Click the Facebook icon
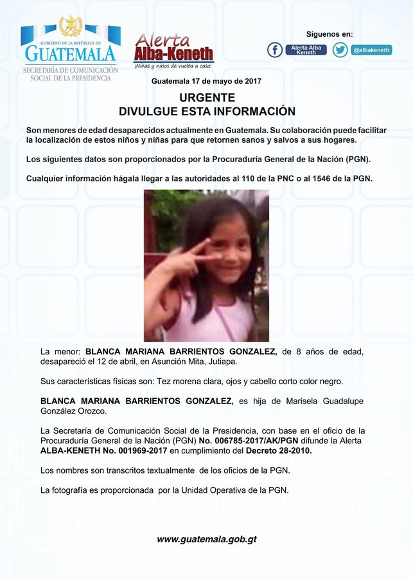click(x=274, y=50)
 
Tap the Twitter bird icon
click(x=340, y=50)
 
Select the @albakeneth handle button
click(x=372, y=50)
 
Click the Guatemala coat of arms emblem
click(x=70, y=26)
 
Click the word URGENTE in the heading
click(x=207, y=98)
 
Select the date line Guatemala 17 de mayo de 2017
click(x=206, y=82)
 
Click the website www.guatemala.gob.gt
click(x=206, y=539)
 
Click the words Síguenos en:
click(x=329, y=34)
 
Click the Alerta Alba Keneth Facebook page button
click(x=306, y=50)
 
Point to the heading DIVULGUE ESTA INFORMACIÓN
click(x=207, y=111)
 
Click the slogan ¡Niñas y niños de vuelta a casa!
click(x=173, y=66)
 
